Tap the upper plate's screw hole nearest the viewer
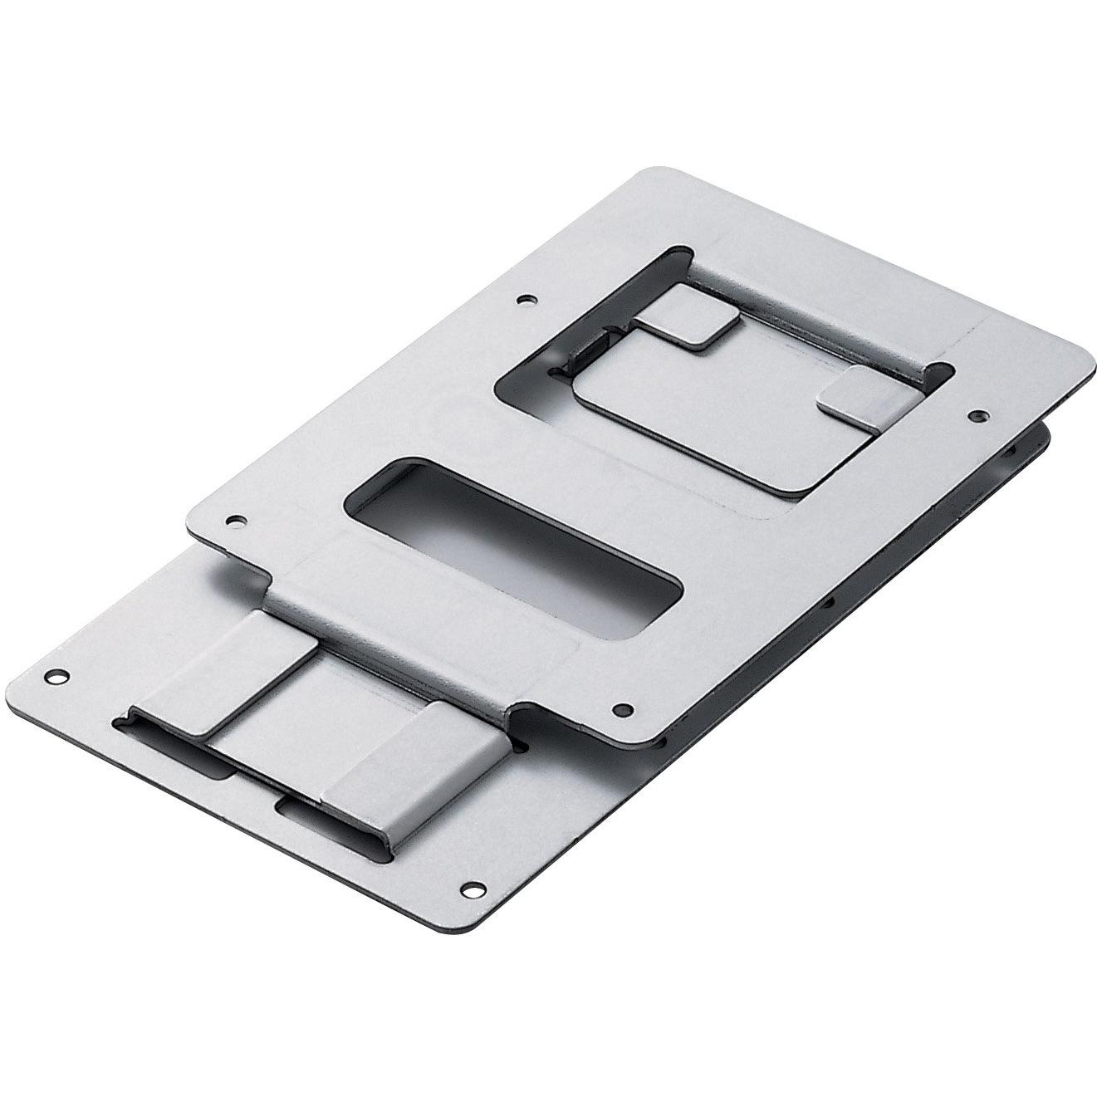(620, 708)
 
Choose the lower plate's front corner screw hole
(474, 889)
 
